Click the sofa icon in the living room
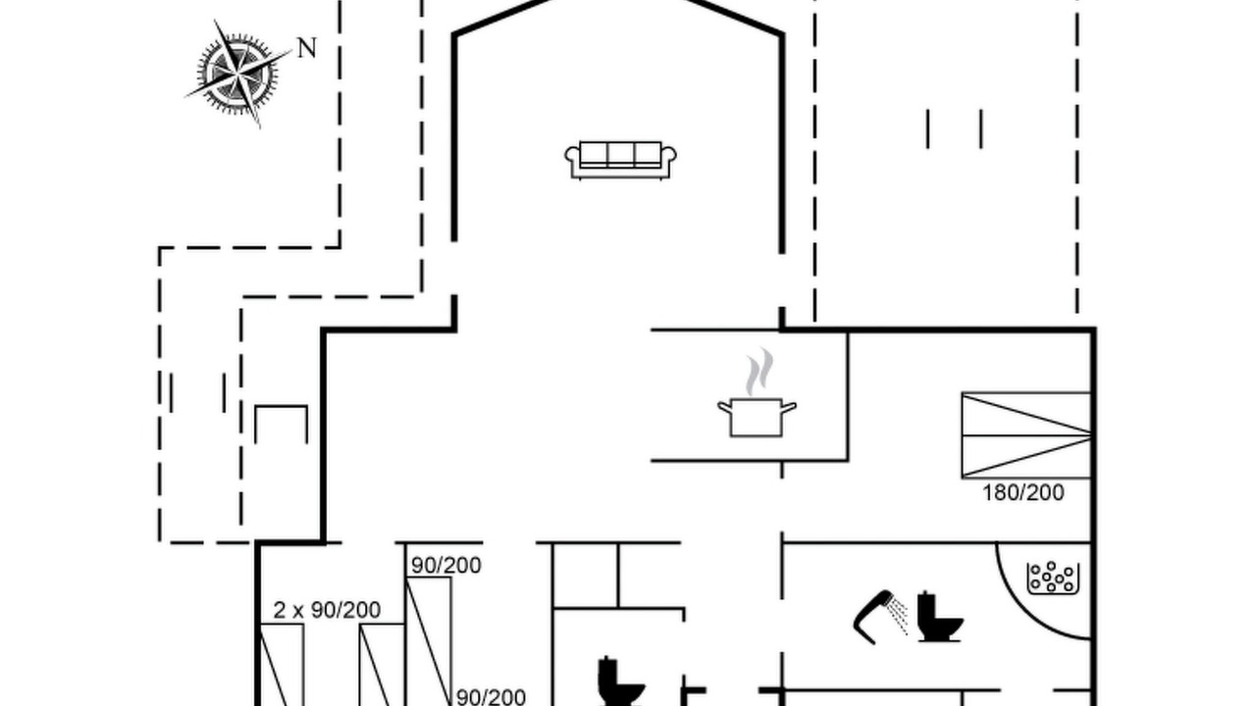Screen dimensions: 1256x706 point(620,160)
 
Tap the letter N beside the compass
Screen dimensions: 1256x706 point(307,48)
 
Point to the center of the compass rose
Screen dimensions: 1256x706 point(237,74)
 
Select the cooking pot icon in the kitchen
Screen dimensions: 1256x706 point(757,417)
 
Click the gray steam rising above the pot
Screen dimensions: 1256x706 point(759,371)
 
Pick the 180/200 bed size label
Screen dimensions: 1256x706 point(1023,492)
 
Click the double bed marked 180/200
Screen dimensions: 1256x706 point(1026,435)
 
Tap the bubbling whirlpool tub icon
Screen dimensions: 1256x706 point(1053,578)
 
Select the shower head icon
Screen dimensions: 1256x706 point(873,617)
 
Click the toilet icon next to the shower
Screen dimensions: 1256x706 point(940,617)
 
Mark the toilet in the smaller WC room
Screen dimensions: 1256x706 point(620,681)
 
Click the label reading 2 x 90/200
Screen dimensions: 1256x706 point(327,610)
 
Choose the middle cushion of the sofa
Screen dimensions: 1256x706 point(620,153)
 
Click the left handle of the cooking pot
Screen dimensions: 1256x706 point(724,407)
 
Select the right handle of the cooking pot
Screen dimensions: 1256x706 point(789,407)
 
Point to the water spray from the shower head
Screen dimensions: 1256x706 point(898,617)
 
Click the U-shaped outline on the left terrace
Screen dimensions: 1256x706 point(281,407)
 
